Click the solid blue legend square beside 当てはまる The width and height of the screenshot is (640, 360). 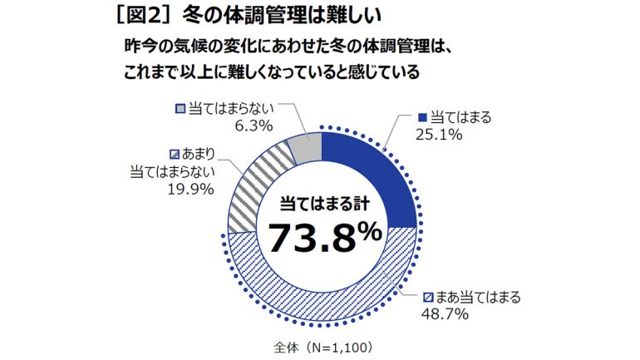(423, 117)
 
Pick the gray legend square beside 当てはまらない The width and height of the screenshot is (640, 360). (180, 109)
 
